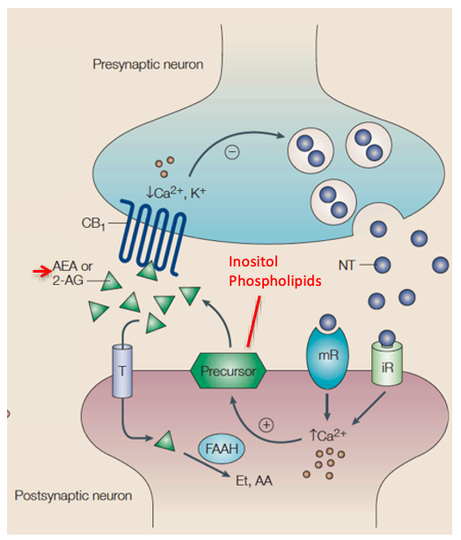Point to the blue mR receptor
click(x=326, y=362)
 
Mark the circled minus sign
click(x=231, y=152)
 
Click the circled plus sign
click(x=267, y=423)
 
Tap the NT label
click(x=348, y=262)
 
